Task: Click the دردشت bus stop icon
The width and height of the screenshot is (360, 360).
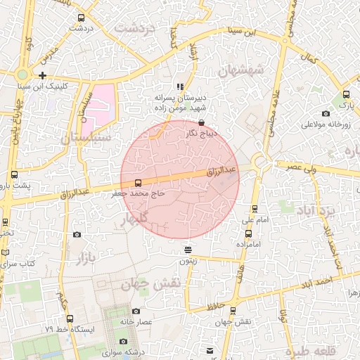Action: click(x=81, y=18)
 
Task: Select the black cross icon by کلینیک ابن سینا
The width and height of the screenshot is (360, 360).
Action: click(x=43, y=75)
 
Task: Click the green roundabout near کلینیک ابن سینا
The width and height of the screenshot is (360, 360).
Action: click(x=23, y=74)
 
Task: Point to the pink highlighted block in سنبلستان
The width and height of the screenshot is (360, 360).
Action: click(x=98, y=110)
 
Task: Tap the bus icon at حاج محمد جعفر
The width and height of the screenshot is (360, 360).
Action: click(x=137, y=181)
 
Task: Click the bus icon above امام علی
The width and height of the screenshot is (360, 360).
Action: click(x=255, y=208)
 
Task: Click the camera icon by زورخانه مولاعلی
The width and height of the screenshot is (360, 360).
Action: click(x=326, y=114)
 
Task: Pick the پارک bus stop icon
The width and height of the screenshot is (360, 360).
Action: click(x=346, y=94)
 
